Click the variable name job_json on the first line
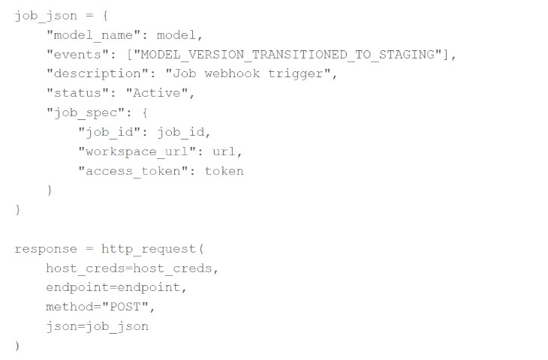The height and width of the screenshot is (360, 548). coord(46,16)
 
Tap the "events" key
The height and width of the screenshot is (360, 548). coord(77,54)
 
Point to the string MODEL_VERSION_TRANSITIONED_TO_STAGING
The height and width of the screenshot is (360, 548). coord(288,55)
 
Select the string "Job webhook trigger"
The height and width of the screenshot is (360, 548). coord(248,73)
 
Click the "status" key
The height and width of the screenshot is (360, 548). coord(77,93)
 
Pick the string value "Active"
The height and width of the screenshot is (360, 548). coord(157,93)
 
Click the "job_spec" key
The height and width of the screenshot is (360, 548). coord(86,112)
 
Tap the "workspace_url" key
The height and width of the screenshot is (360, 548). coord(137,152)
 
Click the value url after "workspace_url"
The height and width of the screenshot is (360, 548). coord(224,151)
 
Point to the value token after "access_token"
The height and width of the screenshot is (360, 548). coord(224,171)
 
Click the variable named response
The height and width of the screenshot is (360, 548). coord(46,249)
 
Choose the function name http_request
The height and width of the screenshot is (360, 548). coord(149,249)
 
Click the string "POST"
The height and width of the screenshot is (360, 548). coord(125,307)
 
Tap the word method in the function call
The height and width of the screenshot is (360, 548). coord(70,307)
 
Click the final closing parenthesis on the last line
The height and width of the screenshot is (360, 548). coord(17,346)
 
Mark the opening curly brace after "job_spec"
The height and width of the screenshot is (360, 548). coord(145,112)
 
